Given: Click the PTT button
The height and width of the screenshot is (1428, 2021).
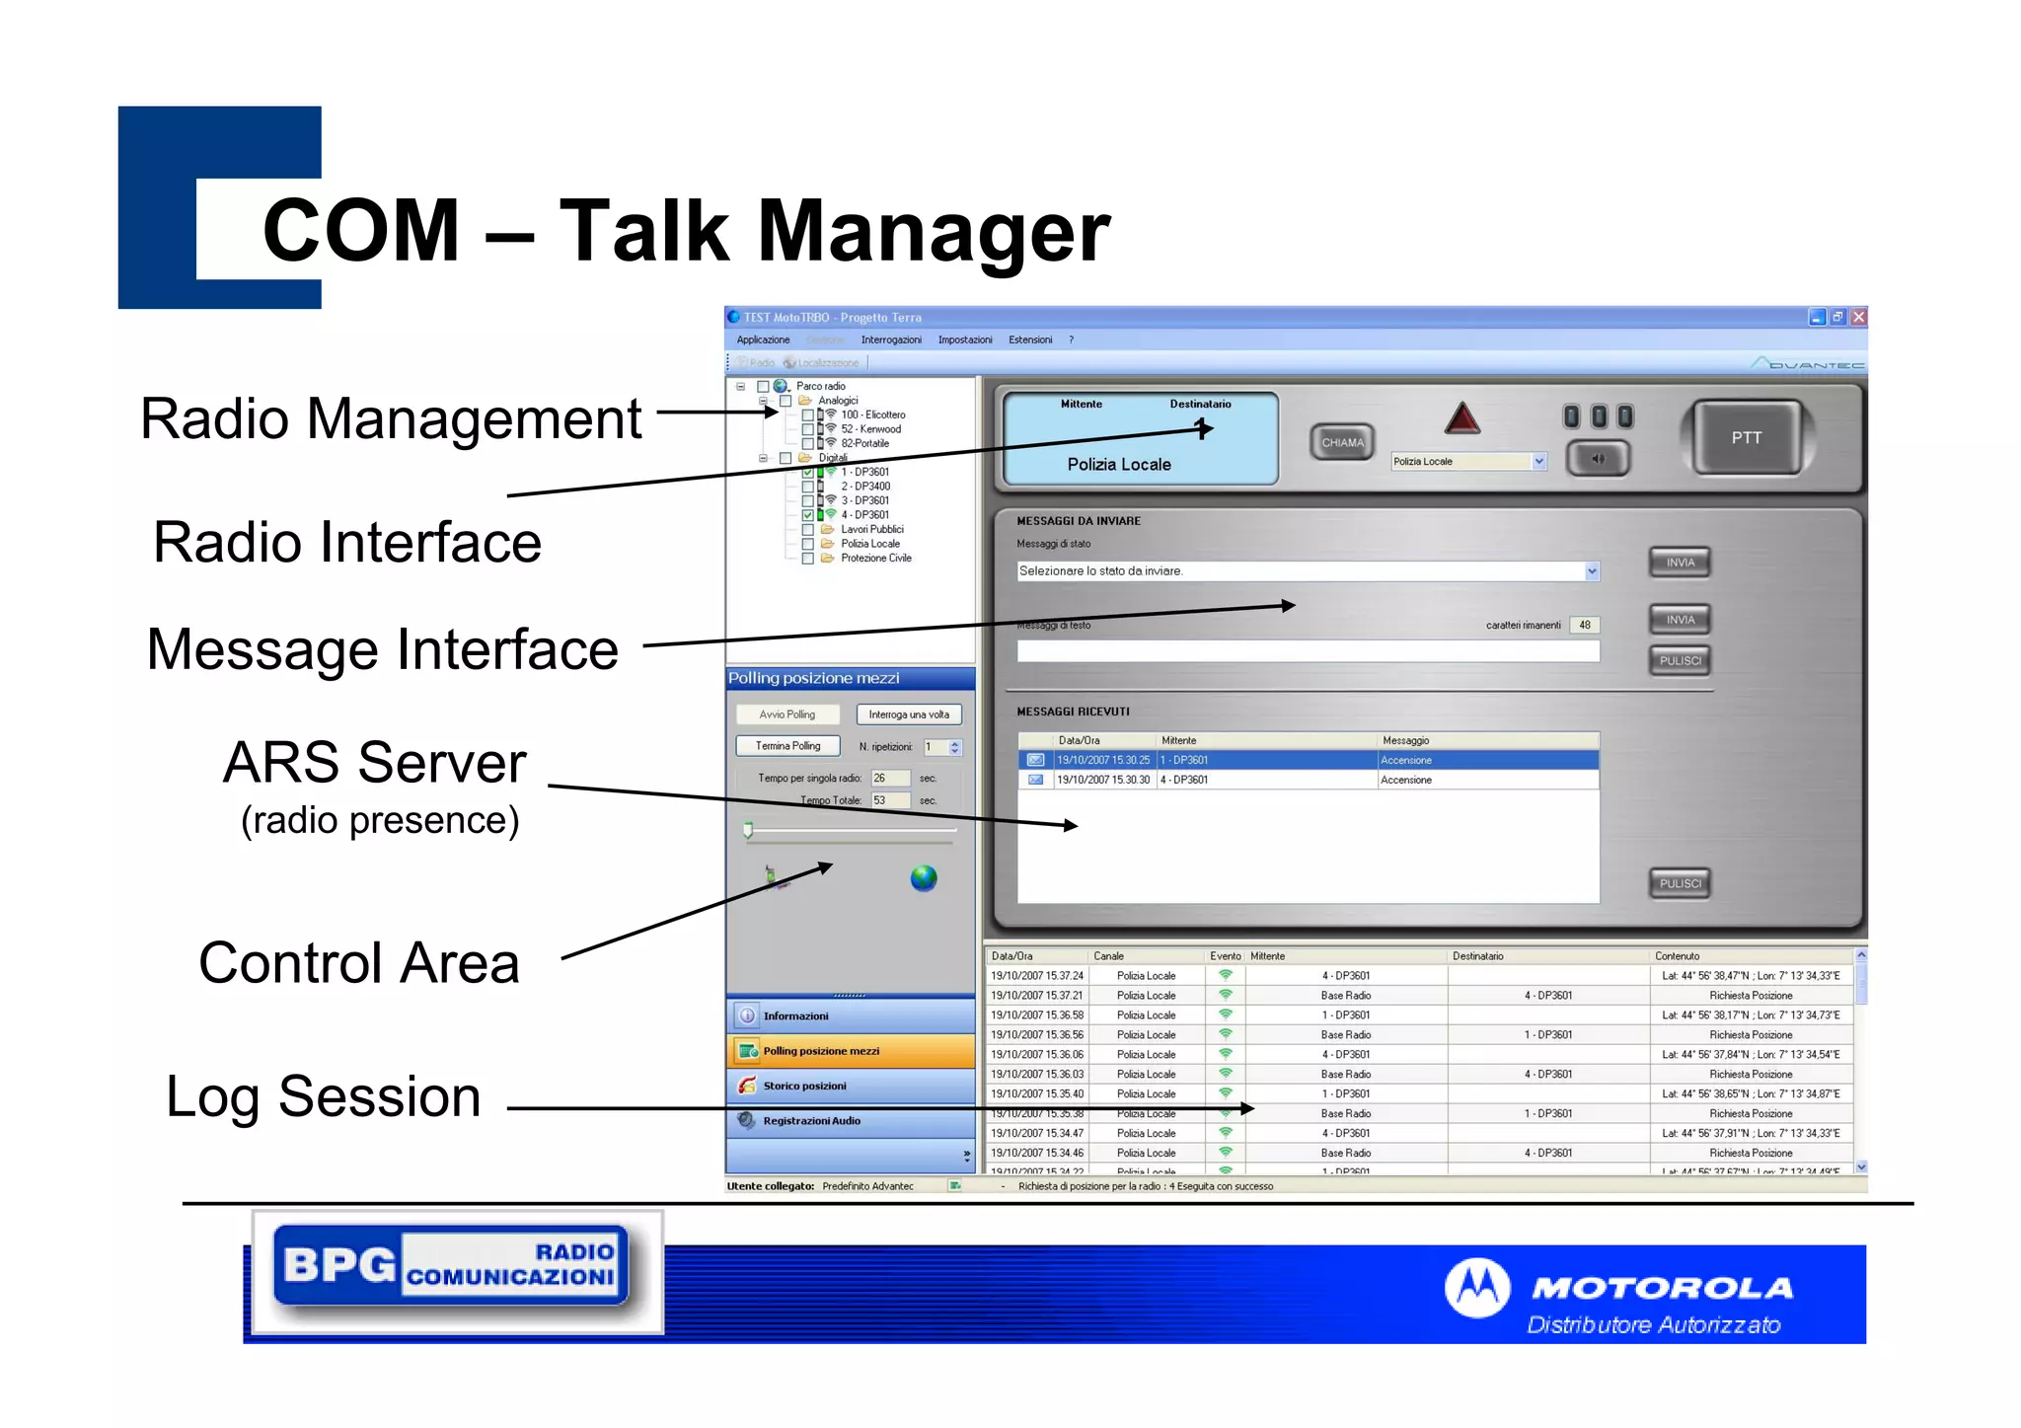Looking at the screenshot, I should click(x=1746, y=438).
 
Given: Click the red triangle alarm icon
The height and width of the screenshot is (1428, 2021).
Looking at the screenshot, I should click(x=1461, y=419).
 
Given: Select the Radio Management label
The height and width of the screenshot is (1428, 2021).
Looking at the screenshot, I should click(x=391, y=418).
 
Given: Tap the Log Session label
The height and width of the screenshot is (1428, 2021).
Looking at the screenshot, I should click(x=323, y=1096).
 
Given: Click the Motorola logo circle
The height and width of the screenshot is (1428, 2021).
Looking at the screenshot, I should click(x=1476, y=1288).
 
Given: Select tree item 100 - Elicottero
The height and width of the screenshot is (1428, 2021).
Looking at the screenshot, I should click(x=872, y=414).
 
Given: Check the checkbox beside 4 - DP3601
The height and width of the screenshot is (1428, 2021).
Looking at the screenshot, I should click(x=807, y=515).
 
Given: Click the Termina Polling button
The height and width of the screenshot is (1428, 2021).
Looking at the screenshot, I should click(x=787, y=746).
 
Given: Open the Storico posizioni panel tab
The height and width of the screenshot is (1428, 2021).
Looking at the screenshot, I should click(x=804, y=1086).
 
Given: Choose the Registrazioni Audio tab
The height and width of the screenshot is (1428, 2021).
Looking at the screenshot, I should click(x=811, y=1121).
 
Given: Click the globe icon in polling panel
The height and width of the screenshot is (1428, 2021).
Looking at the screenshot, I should click(x=924, y=877).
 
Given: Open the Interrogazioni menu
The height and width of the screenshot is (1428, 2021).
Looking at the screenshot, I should click(x=890, y=339).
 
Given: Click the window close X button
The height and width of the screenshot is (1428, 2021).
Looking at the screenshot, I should click(x=1858, y=317).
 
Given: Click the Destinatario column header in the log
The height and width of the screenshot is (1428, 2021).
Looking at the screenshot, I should click(x=1477, y=956).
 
